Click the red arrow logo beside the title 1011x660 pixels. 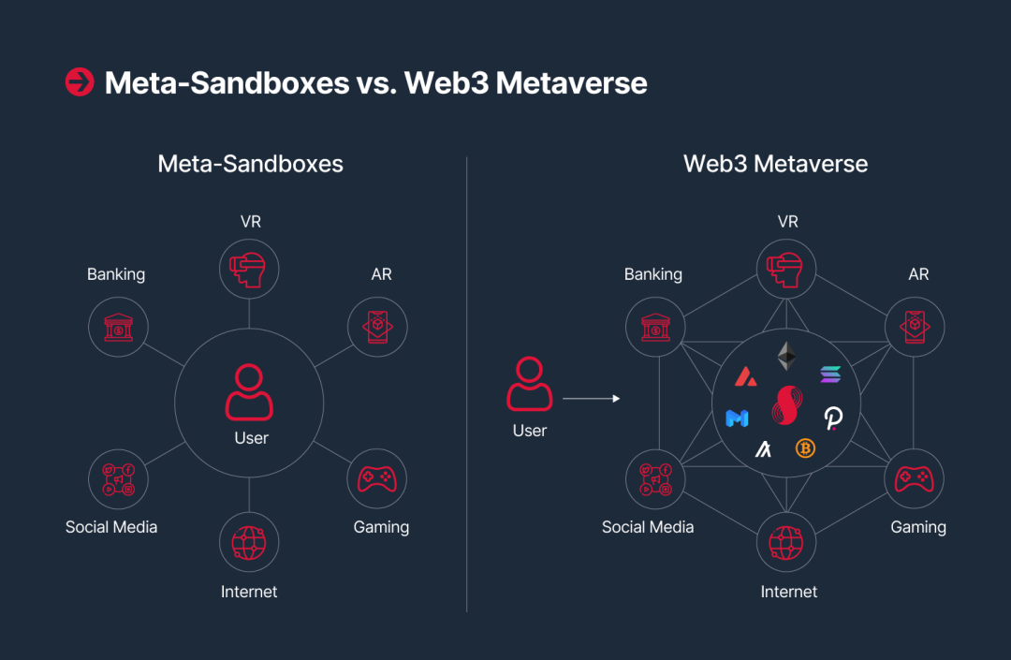point(80,81)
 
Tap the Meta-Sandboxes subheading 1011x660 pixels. point(250,164)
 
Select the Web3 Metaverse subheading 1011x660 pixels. point(776,164)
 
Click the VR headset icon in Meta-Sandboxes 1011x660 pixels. point(249,270)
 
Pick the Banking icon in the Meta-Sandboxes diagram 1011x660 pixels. point(119,328)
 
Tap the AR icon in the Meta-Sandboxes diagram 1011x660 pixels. point(378,327)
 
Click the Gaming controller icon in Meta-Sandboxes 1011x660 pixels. point(377,479)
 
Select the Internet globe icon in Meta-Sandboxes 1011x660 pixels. point(249,543)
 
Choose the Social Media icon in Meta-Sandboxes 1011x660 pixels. point(119,479)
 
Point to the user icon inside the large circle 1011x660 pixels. point(249,392)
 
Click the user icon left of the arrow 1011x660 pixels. point(529,384)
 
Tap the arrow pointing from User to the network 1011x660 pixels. point(592,399)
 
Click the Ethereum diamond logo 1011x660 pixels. point(786,356)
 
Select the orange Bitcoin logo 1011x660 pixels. point(805,447)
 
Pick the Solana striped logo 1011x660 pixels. point(830,374)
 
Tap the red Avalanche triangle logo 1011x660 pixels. point(745,376)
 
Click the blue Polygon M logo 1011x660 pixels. point(737,418)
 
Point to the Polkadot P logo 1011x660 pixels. point(833,418)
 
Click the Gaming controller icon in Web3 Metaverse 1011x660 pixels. point(915,479)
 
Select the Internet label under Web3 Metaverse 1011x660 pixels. point(788,592)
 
